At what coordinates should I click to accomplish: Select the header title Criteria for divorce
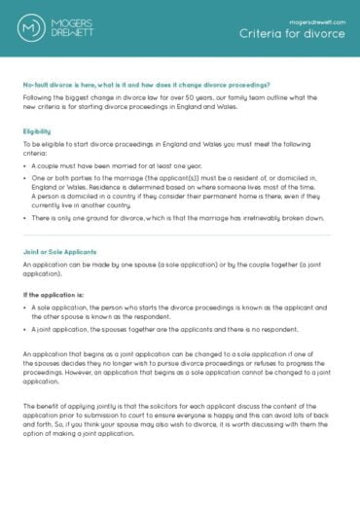click(292, 34)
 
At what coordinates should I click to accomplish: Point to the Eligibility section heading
click(37, 129)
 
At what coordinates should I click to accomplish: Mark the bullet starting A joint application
click(165, 331)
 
